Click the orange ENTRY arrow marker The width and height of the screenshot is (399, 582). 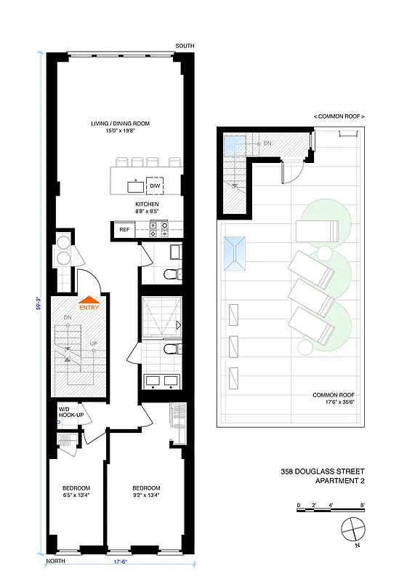pos(89,300)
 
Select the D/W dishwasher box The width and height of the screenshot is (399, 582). pos(155,186)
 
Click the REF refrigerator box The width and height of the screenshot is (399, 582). pos(124,229)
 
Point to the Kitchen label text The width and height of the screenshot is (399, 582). pos(147,204)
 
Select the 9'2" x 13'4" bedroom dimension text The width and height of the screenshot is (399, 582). pos(146,495)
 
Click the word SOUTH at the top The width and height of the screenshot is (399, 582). pos(185,46)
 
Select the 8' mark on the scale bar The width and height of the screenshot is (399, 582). pos(362,504)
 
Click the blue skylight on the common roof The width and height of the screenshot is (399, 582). pos(236,254)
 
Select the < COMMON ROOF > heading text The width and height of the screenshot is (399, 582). pos(339,116)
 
